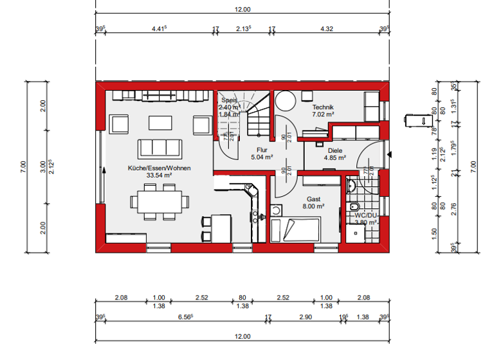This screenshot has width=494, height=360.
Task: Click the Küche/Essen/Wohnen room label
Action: [x=159, y=168]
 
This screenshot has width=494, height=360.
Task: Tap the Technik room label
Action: [x=323, y=107]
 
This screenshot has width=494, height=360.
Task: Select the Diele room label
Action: [x=334, y=150]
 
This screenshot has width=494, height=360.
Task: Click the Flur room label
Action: [x=262, y=149]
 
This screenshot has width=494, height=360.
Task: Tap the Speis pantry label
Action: [x=230, y=101]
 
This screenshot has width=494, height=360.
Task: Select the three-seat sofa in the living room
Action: [x=158, y=147]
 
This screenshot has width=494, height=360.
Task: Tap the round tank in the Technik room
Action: [x=285, y=100]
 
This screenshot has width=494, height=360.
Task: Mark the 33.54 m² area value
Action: [x=159, y=175]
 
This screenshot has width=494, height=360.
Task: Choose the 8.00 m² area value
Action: [x=313, y=207]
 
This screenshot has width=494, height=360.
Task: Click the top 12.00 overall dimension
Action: [x=242, y=10]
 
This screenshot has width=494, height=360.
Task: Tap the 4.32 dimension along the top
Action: [x=327, y=28]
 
